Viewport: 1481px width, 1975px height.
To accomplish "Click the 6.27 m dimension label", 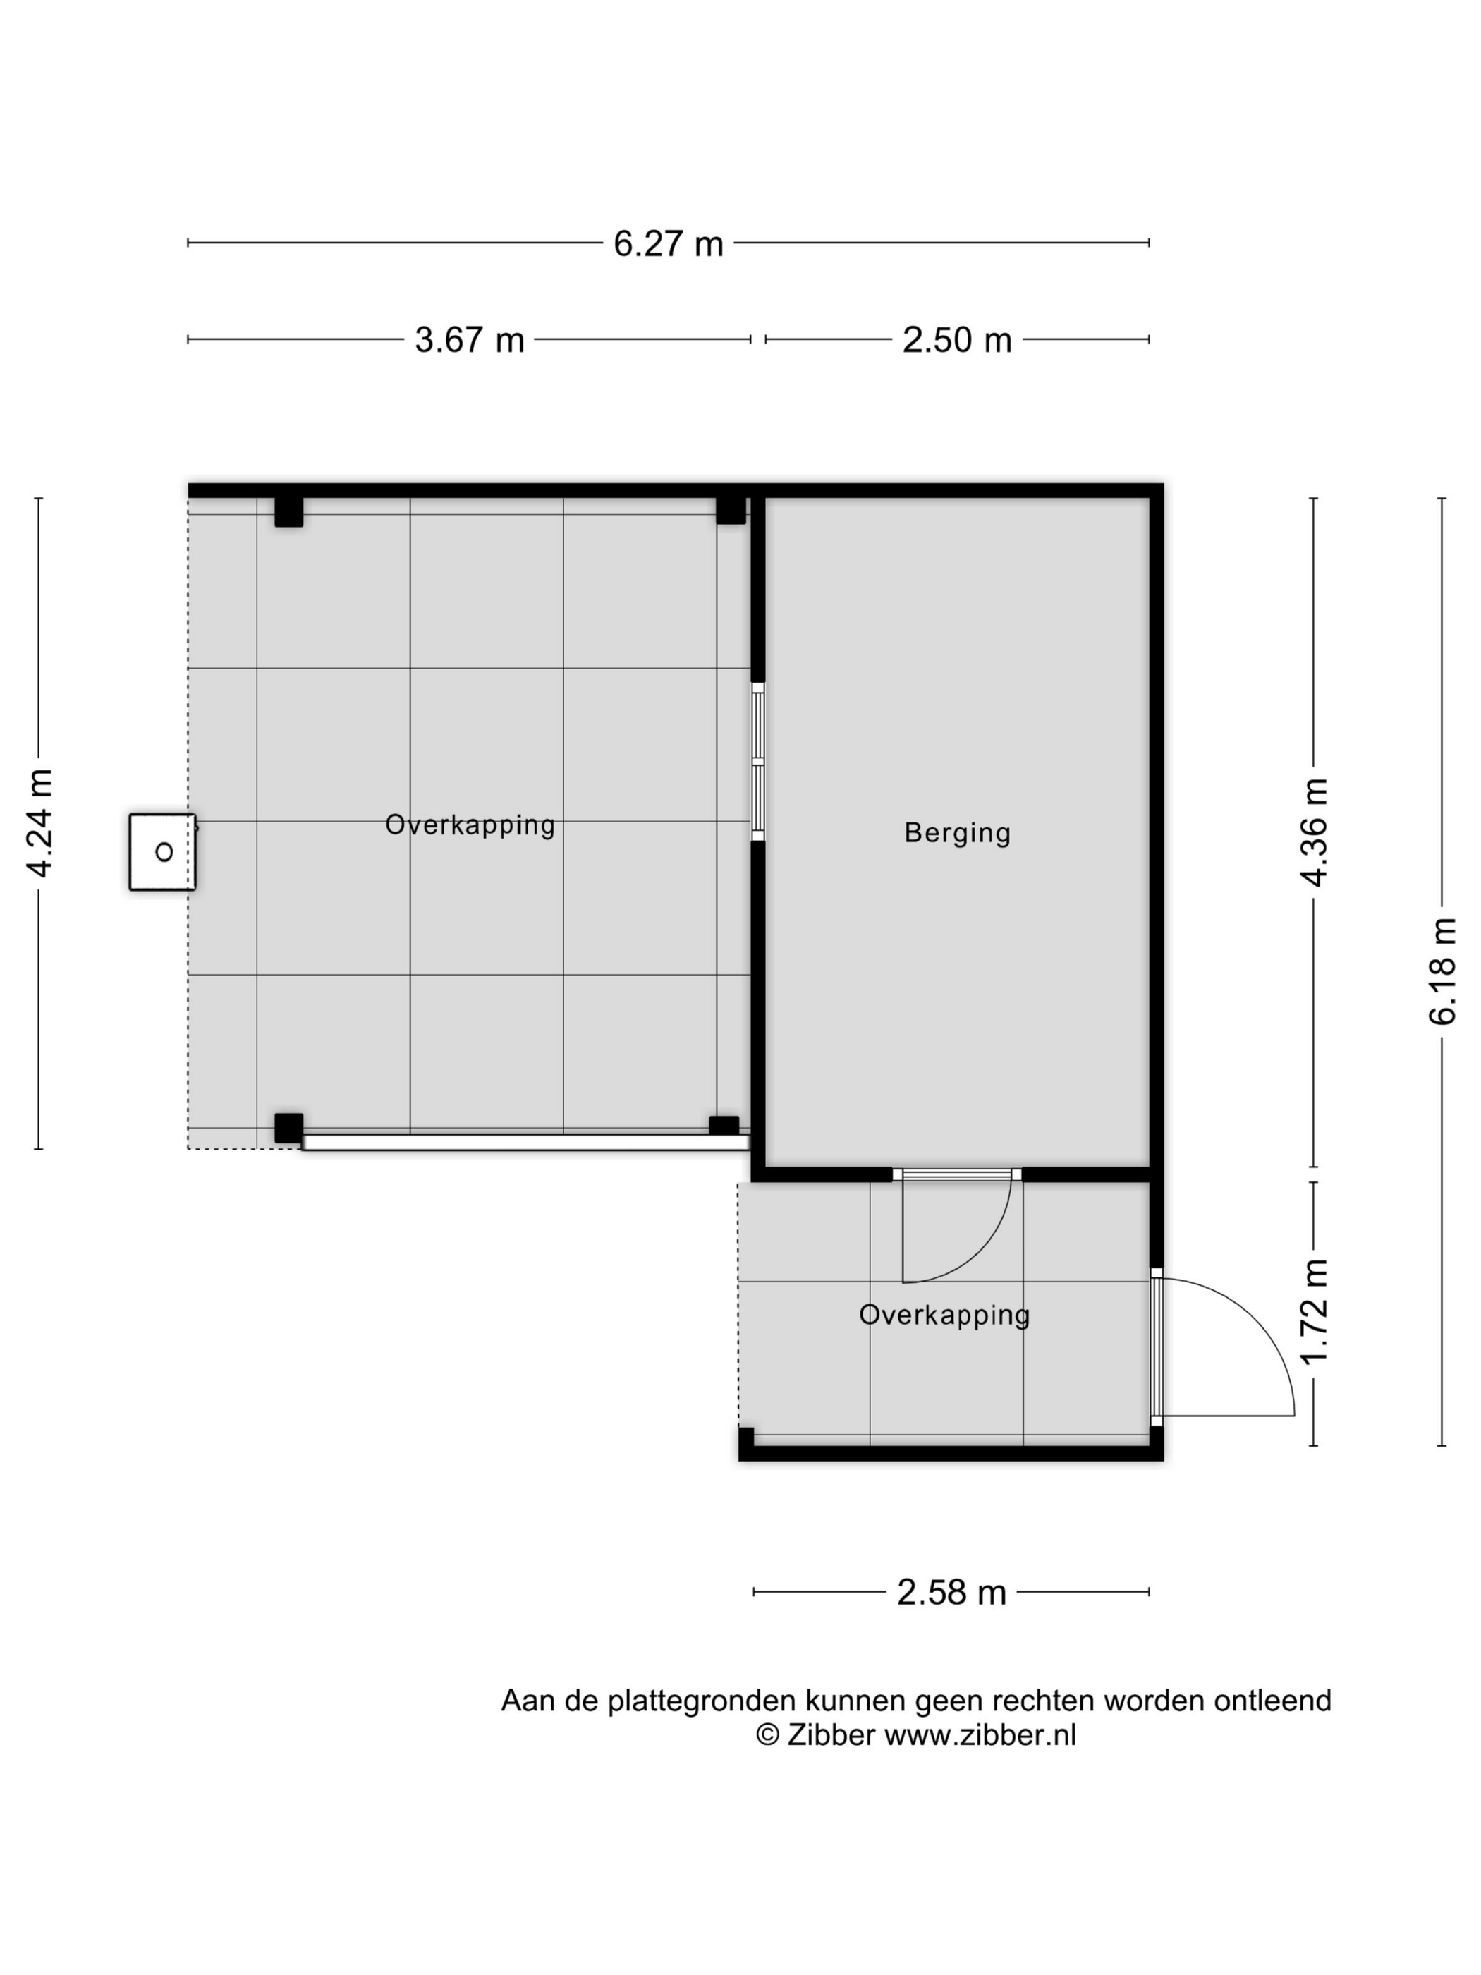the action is click(x=668, y=243).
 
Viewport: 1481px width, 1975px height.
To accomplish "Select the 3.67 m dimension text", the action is click(x=469, y=339).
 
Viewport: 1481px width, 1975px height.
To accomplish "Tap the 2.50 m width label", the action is click(x=956, y=339).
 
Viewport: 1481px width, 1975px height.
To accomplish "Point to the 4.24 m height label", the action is click(x=40, y=822).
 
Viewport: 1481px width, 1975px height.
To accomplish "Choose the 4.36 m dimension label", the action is click(x=1313, y=831).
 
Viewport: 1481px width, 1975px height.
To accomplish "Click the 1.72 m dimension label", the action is click(x=1313, y=1311).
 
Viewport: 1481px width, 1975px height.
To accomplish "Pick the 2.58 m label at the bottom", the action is click(x=951, y=1592).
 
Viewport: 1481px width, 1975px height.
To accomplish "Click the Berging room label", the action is click(x=957, y=833).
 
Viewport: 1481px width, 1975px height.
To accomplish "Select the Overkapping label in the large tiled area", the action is click(x=470, y=825).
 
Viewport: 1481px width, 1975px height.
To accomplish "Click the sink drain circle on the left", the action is click(x=164, y=852).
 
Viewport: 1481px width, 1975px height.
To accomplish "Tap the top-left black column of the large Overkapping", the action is click(x=288, y=511).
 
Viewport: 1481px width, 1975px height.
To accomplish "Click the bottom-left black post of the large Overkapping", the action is click(x=288, y=1128).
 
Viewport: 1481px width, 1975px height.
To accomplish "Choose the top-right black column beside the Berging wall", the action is click(x=730, y=511).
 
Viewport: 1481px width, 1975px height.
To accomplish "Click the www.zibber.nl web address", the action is click(x=980, y=1734).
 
